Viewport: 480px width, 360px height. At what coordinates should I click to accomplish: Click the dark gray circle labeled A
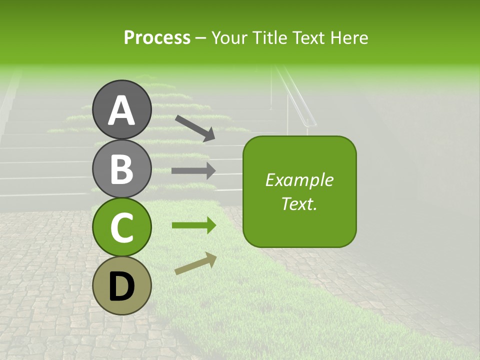click(122, 109)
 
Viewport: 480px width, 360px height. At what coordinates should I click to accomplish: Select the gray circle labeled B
click(122, 168)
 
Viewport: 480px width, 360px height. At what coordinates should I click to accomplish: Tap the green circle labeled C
click(122, 227)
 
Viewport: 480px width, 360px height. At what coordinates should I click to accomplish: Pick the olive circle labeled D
click(122, 285)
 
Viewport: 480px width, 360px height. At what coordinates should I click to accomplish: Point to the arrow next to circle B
click(193, 170)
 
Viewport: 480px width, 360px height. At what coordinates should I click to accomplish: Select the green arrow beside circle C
click(193, 225)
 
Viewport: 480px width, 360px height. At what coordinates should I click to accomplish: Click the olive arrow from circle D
click(195, 263)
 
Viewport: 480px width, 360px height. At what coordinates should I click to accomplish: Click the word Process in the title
click(157, 37)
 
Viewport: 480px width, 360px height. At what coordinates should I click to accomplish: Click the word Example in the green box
click(299, 180)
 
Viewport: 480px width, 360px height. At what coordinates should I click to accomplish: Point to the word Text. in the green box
click(299, 203)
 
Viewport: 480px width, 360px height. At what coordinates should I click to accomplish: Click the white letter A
click(122, 110)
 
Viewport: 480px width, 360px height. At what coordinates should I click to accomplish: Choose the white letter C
click(122, 227)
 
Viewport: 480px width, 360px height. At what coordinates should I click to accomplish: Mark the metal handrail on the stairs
click(300, 98)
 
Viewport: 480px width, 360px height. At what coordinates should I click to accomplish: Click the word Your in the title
click(228, 37)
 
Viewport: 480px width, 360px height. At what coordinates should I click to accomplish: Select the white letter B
click(122, 169)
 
